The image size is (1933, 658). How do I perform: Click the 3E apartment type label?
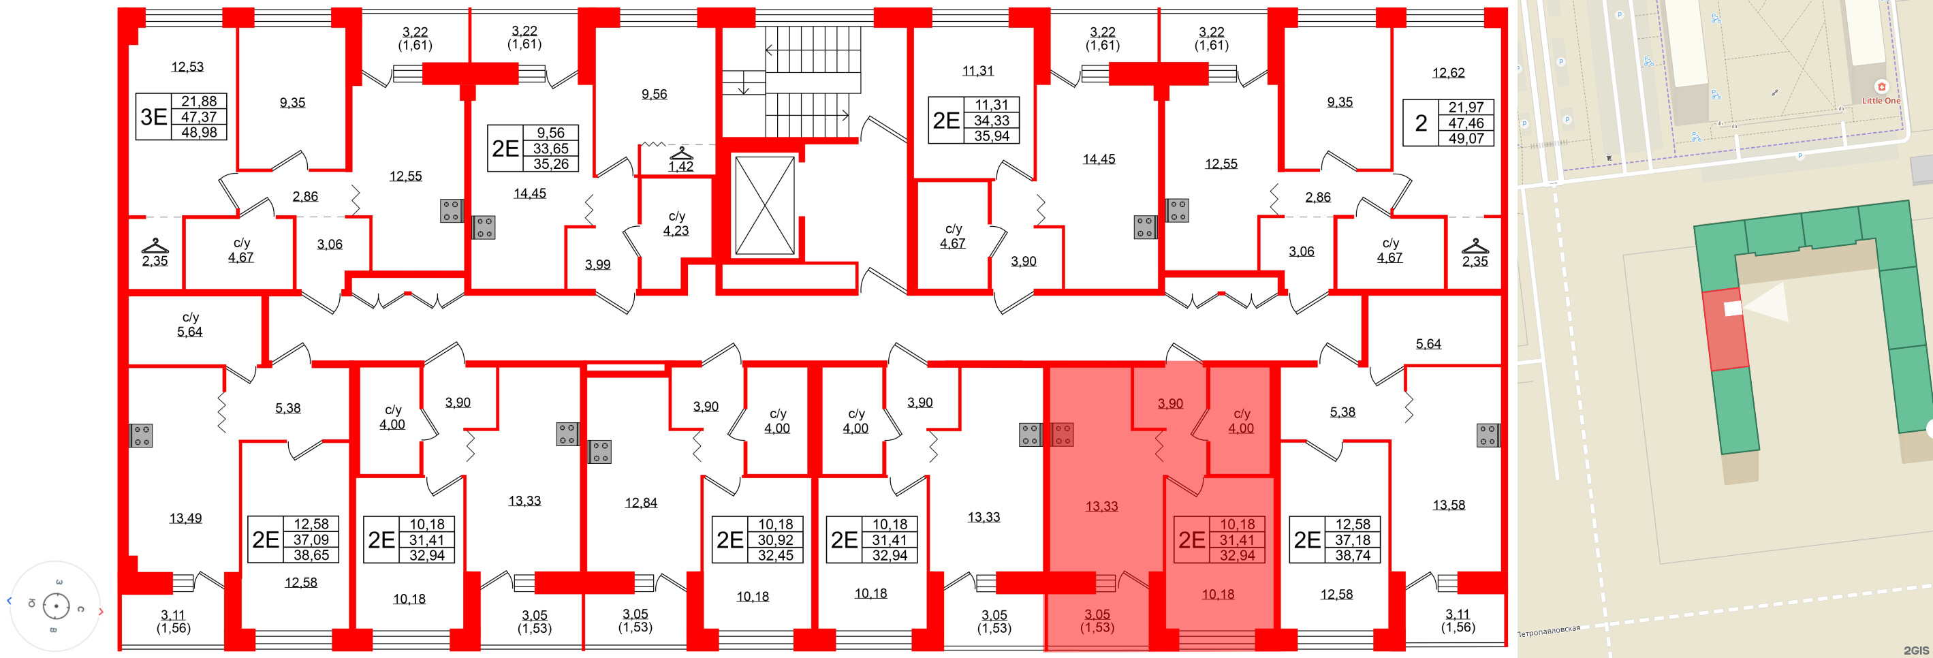[x=154, y=116]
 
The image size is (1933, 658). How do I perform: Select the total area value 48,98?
[x=199, y=132]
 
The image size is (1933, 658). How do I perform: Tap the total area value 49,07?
[x=1466, y=138]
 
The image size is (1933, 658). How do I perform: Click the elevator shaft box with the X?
[x=764, y=206]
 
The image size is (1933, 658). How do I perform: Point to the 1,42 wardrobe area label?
[x=680, y=167]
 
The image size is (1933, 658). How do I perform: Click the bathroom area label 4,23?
[x=676, y=230]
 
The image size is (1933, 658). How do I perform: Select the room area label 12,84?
[x=641, y=503]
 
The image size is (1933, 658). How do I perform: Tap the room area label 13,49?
[x=185, y=518]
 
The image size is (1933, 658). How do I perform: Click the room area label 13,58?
[x=1448, y=505]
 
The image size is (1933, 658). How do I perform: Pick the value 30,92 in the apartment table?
[x=775, y=539]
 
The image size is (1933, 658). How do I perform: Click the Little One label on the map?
[x=1881, y=101]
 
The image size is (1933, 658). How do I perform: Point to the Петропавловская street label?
[x=1548, y=631]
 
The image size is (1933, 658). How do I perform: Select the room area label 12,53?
[x=187, y=67]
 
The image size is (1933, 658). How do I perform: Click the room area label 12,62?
[x=1448, y=73]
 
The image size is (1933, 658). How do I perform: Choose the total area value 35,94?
[x=991, y=136]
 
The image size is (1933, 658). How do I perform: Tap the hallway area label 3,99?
[x=597, y=264]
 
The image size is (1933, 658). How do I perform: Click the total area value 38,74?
[x=1353, y=555]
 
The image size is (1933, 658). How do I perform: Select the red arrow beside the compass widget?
[x=101, y=612]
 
